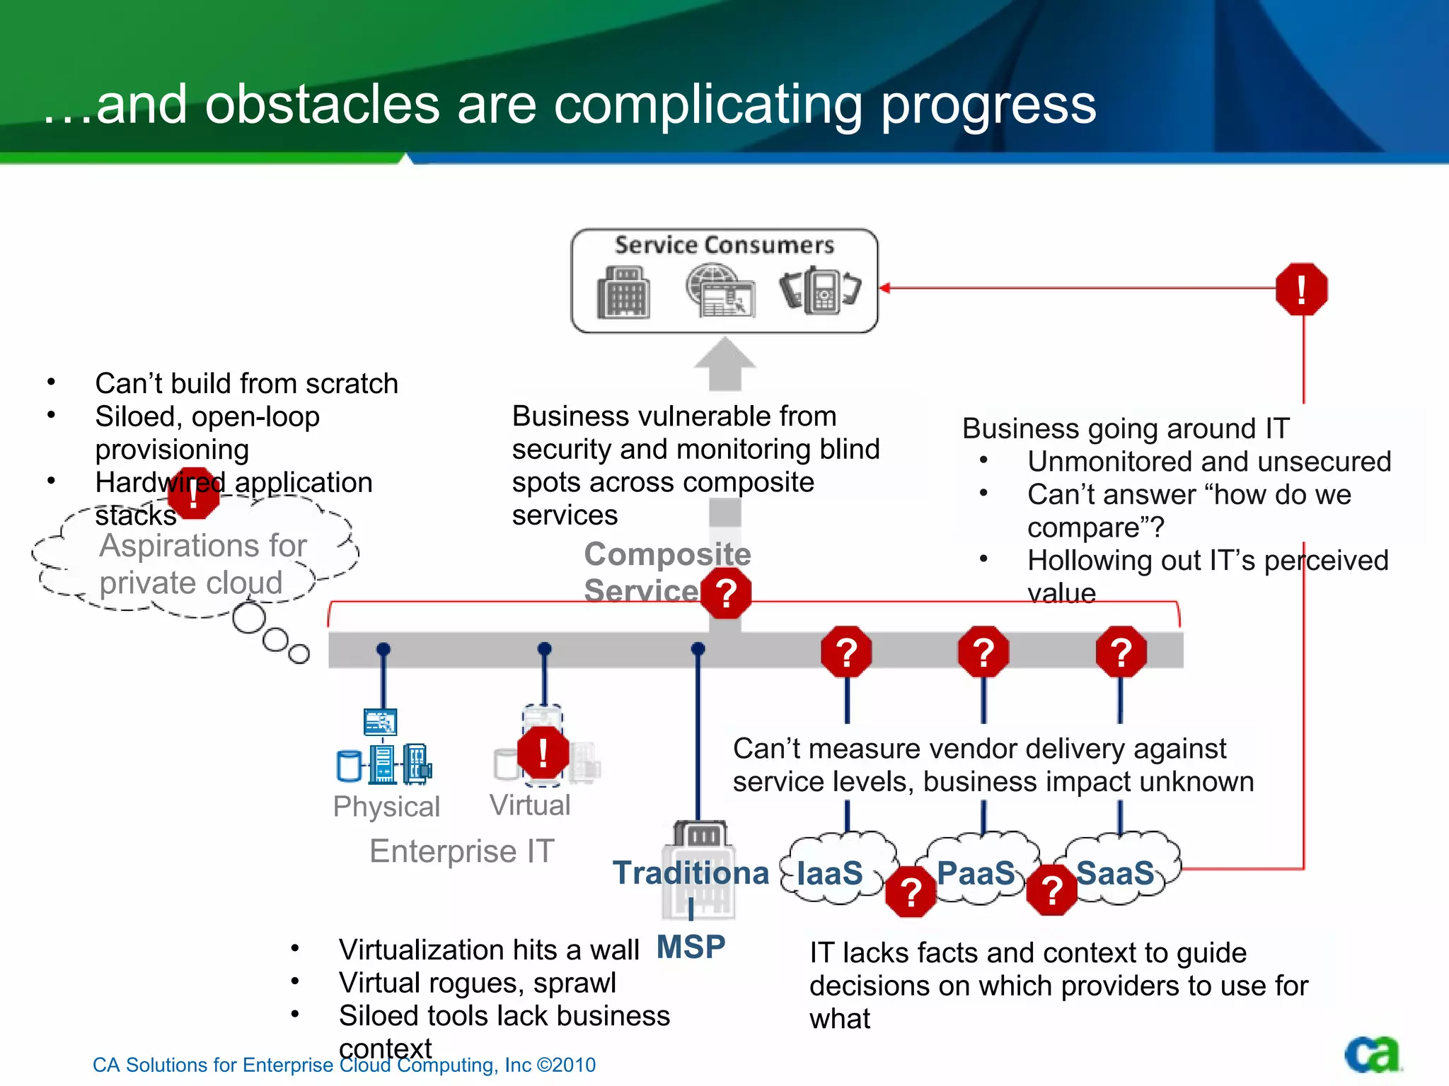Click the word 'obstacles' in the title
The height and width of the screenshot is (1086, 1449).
tap(322, 105)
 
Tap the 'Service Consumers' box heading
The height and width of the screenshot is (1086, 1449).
tap(724, 245)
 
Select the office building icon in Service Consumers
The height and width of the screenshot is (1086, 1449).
tap(623, 292)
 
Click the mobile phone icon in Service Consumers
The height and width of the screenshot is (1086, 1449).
tap(821, 290)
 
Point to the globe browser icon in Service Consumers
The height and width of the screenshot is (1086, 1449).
tap(720, 291)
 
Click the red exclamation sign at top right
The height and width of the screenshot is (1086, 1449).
tap(1301, 289)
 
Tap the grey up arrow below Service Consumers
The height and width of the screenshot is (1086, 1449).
tap(724, 363)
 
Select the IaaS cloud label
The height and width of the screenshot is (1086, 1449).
tap(829, 873)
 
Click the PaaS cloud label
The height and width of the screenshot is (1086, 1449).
tap(976, 873)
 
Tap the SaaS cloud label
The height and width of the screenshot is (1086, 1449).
tap(1115, 873)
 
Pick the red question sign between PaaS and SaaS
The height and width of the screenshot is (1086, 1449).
tap(1052, 890)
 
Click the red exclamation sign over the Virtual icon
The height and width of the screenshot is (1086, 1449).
tap(543, 752)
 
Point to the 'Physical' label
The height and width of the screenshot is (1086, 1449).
tap(386, 807)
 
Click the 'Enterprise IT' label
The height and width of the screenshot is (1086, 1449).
tap(461, 851)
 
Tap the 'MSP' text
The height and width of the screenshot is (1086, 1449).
tap(691, 947)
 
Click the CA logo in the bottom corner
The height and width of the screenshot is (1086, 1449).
tap(1372, 1055)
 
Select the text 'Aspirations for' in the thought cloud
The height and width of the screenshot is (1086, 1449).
tap(203, 546)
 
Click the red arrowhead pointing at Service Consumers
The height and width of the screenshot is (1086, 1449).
tap(885, 288)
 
